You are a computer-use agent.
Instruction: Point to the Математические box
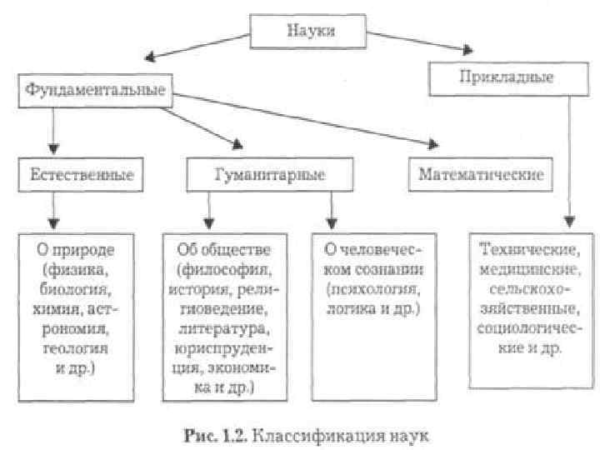click(x=482, y=175)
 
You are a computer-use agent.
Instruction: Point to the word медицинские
click(x=523, y=269)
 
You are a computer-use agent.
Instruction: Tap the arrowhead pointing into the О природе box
click(x=53, y=222)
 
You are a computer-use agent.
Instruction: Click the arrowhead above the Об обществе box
click(x=205, y=222)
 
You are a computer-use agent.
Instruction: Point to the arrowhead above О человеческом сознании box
click(x=331, y=222)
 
